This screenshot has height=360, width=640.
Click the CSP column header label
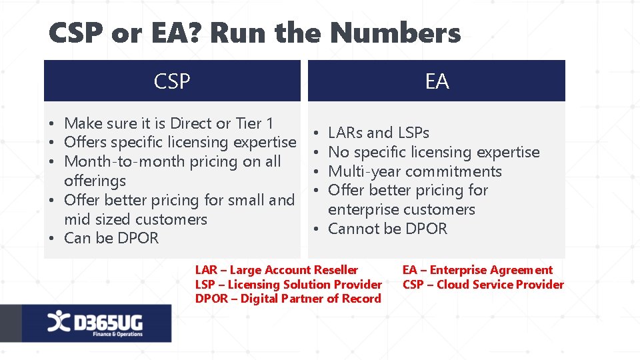point(172,81)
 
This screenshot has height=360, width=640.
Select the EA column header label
point(437,81)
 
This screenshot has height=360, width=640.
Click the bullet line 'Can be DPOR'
point(111,238)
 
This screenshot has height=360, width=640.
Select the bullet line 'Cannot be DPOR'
point(387,229)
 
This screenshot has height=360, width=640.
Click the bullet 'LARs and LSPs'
point(379,133)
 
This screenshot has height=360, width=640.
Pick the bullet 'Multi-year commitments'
point(415,171)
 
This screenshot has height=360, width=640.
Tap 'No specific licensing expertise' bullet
point(433,152)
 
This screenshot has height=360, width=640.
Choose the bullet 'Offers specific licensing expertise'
point(180,142)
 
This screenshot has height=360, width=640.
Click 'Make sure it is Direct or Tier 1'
point(169,123)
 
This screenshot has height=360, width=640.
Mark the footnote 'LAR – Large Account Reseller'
point(277,270)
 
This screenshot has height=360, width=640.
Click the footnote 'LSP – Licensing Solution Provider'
point(289,285)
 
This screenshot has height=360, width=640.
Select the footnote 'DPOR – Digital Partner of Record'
point(288,299)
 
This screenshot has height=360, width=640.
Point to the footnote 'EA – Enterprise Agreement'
point(477,270)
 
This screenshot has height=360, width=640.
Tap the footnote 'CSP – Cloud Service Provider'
point(483,285)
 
